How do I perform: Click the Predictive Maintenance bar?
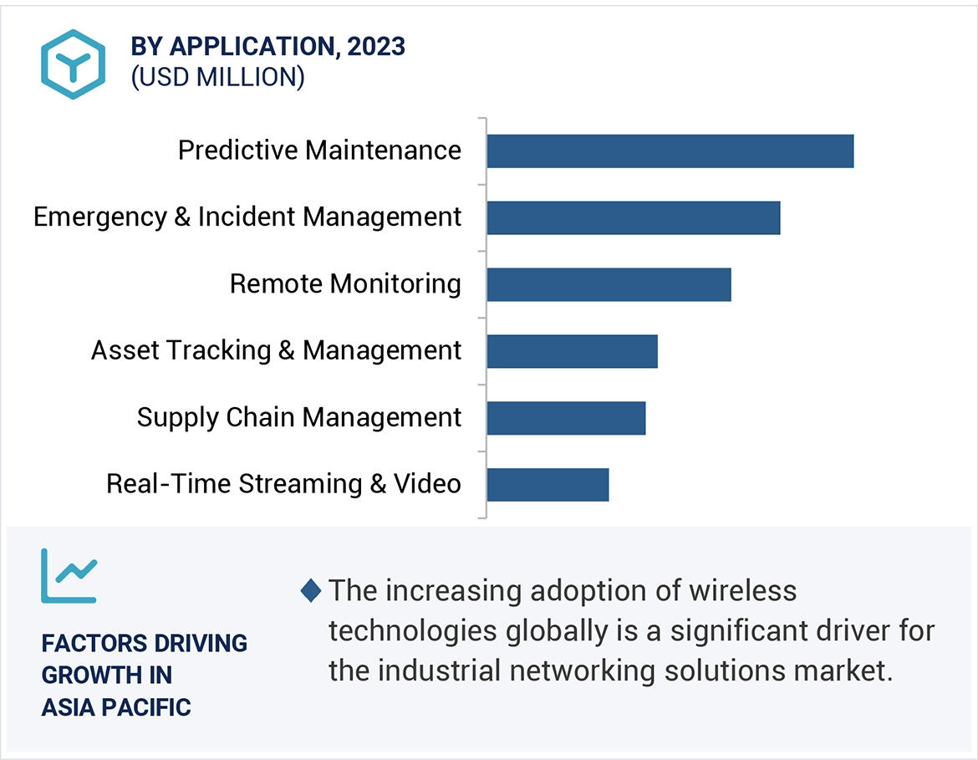pyautogui.click(x=670, y=151)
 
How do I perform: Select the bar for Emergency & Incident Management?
pyautogui.click(x=633, y=217)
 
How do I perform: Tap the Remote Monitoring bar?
pyautogui.click(x=609, y=284)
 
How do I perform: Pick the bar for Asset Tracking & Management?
pyautogui.click(x=572, y=351)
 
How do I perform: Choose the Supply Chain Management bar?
pyautogui.click(x=566, y=418)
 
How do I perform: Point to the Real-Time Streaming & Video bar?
pyautogui.click(x=548, y=485)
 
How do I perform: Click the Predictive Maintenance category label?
pyautogui.click(x=319, y=150)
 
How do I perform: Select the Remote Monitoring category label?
pyautogui.click(x=345, y=284)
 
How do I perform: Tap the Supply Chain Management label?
pyautogui.click(x=298, y=417)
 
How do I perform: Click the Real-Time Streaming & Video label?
pyautogui.click(x=283, y=484)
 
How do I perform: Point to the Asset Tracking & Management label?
pyautogui.click(x=276, y=350)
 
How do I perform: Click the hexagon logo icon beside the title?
pyautogui.click(x=74, y=64)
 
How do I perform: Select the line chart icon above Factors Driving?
pyautogui.click(x=69, y=576)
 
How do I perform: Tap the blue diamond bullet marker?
pyautogui.click(x=310, y=592)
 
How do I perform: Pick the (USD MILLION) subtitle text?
pyautogui.click(x=217, y=77)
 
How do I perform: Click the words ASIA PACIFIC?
pyautogui.click(x=116, y=707)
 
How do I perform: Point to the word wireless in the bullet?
pyautogui.click(x=743, y=591)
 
